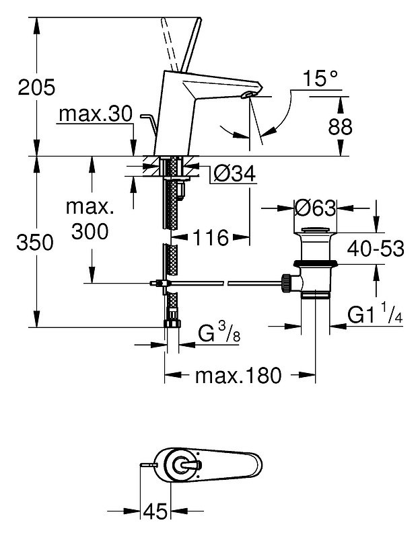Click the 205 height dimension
[36, 87]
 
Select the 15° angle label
[320, 79]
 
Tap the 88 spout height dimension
[340, 127]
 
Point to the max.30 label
[96, 114]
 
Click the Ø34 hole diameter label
[234, 173]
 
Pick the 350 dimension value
[35, 243]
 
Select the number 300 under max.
[90, 231]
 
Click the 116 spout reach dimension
[211, 237]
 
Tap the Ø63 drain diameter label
[316, 208]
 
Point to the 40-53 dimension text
[376, 249]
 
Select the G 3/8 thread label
[219, 333]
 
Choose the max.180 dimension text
[238, 376]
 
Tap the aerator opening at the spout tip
[248, 95]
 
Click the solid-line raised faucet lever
[191, 44]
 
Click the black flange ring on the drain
[316, 263]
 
